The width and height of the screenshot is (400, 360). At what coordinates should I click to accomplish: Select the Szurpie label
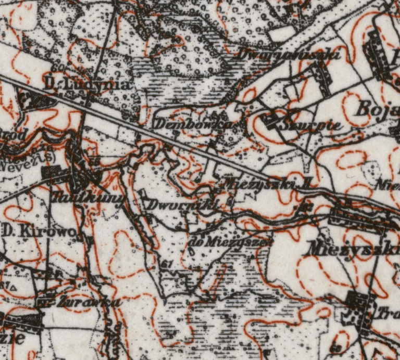[x=312, y=125]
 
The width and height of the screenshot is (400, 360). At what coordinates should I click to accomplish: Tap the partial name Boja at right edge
[x=378, y=110]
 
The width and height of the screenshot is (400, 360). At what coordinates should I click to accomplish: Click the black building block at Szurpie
[x=271, y=121]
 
